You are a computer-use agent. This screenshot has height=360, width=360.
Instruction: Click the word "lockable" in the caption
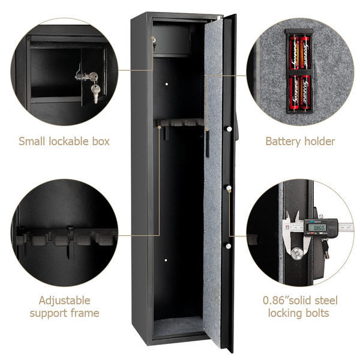click(62, 142)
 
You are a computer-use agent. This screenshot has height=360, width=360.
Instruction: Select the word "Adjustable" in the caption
click(64, 300)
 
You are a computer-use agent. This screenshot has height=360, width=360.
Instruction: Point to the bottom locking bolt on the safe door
click(229, 245)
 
